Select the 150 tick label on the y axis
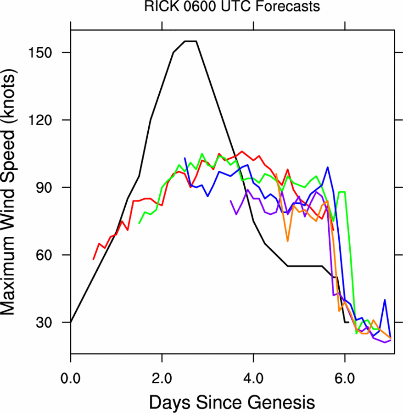coord(40,53)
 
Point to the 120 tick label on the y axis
coord(40,120)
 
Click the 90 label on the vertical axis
coord(44,188)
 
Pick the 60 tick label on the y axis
coord(44,255)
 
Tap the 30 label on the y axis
coord(44,323)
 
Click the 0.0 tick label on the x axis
coord(70,379)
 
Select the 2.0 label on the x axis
coord(162,379)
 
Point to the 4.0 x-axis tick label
coord(253,379)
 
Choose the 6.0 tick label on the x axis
coord(345,379)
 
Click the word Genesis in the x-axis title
coord(281,402)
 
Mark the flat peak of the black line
coord(190,41)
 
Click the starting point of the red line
coord(93,259)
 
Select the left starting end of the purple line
coord(230,201)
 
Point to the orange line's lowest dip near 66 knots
coord(288,241)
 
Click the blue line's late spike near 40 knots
coord(385,300)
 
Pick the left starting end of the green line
coord(139,223)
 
